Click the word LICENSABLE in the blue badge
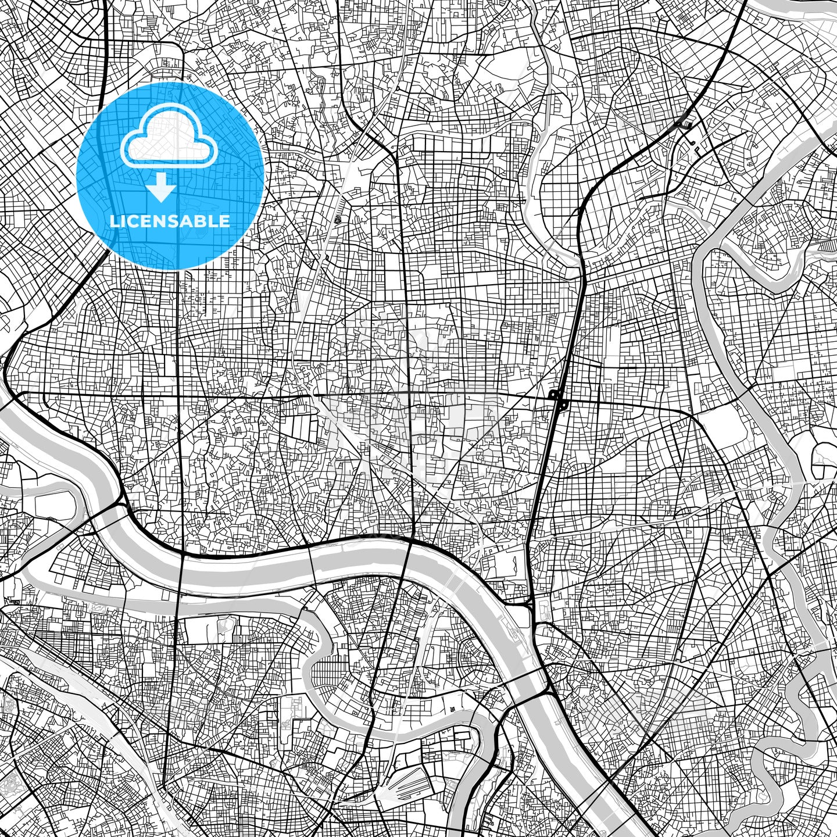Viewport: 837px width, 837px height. (170, 221)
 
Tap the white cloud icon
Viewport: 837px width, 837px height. (169, 138)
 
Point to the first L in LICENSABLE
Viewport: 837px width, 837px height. (114, 221)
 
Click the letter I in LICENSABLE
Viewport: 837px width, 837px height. (126, 221)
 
